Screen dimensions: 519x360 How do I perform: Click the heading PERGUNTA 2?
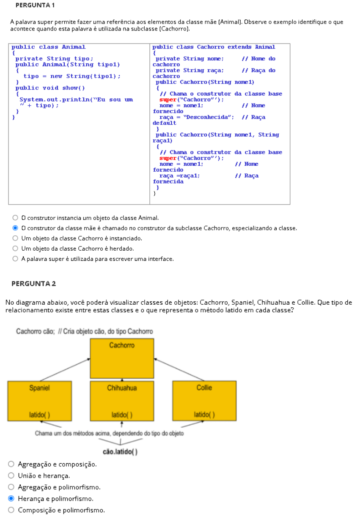pyautogui.click(x=33, y=284)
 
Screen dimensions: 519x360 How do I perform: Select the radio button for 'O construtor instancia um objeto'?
pyautogui.click(x=16, y=218)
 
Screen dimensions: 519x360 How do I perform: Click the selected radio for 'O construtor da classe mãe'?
pyautogui.click(x=16, y=228)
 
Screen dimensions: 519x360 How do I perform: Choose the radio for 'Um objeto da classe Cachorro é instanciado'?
pyautogui.click(x=16, y=238)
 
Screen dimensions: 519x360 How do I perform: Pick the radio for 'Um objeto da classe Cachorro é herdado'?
pyautogui.click(x=16, y=249)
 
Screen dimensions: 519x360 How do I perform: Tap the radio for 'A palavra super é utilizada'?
pyautogui.click(x=16, y=259)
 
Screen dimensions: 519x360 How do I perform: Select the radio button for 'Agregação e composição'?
pyautogui.click(x=11, y=464)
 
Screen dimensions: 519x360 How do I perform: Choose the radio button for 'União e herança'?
pyautogui.click(x=11, y=475)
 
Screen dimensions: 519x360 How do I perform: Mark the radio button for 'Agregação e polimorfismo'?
pyautogui.click(x=11, y=487)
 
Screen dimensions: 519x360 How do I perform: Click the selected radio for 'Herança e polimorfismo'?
pyautogui.click(x=11, y=499)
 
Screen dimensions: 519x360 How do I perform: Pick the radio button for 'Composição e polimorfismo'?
pyautogui.click(x=11, y=510)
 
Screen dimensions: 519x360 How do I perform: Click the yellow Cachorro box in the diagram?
pyautogui.click(x=122, y=358)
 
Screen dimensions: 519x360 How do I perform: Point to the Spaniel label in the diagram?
pyautogui.click(x=39, y=388)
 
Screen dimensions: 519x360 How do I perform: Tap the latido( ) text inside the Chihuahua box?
pyautogui.click(x=122, y=415)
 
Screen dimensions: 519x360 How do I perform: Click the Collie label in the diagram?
pyautogui.click(x=204, y=388)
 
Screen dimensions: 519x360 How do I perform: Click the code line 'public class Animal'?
pyautogui.click(x=48, y=47)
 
